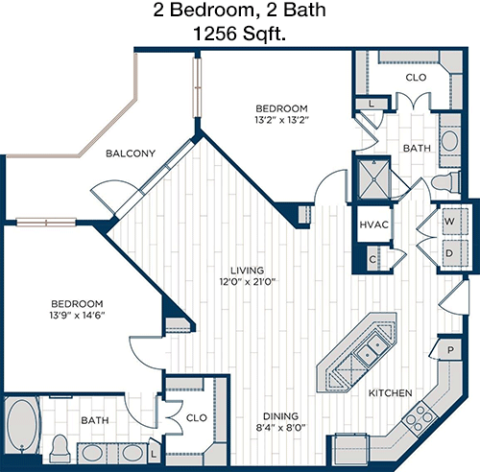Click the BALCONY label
[131, 153]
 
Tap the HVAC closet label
[374, 224]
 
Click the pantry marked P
[450, 350]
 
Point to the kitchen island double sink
[372, 349]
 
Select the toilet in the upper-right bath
[445, 183]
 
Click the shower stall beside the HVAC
[373, 179]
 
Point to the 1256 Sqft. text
[239, 34]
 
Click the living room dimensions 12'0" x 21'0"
[248, 282]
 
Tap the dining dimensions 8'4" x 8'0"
[280, 428]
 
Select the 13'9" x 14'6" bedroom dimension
[77, 316]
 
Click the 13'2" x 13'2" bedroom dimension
[281, 120]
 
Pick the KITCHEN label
[391, 393]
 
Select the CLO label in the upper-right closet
[416, 78]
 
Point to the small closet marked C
[372, 259]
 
